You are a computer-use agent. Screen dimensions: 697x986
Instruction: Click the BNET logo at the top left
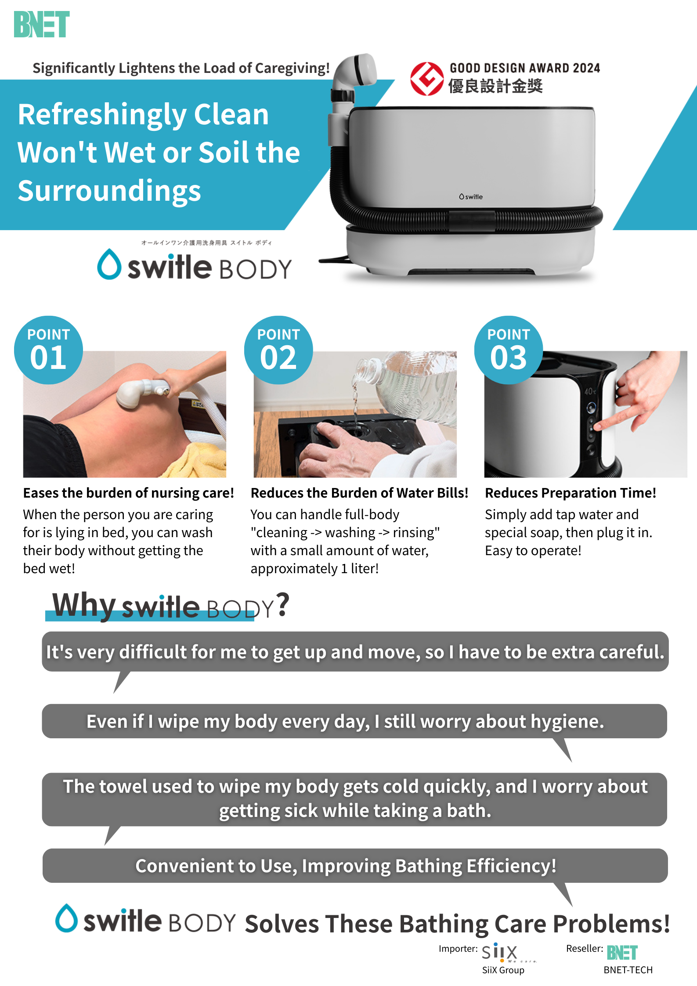click(x=42, y=25)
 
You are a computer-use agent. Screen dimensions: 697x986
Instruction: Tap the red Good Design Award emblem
click(x=427, y=79)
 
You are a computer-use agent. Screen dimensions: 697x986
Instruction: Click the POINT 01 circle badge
click(x=48, y=350)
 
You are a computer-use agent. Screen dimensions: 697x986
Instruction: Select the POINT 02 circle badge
click(x=278, y=350)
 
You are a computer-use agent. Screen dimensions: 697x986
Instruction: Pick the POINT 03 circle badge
click(x=509, y=350)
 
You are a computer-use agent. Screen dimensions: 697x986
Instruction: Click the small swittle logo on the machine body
click(x=471, y=197)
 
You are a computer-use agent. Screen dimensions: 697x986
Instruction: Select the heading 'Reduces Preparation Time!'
click(x=571, y=493)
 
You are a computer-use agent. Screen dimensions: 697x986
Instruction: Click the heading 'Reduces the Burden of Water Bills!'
click(x=359, y=493)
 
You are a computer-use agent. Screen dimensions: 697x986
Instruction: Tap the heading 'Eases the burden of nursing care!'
click(x=129, y=493)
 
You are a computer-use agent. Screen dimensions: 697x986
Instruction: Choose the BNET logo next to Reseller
click(x=622, y=953)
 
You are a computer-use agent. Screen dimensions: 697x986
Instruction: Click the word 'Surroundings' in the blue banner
click(x=109, y=191)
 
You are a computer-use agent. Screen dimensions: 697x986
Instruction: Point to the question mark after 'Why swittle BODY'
click(x=283, y=605)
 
